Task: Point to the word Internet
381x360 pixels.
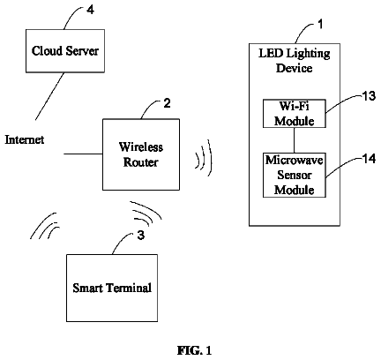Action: pyautogui.click(x=25, y=139)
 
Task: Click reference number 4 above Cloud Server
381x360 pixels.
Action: pyautogui.click(x=91, y=10)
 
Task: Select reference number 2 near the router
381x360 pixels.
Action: pyautogui.click(x=167, y=103)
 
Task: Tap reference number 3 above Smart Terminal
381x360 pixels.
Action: pyautogui.click(x=141, y=236)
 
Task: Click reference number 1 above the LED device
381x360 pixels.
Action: pyautogui.click(x=320, y=24)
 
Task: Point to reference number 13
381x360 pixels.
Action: pyautogui.click(x=369, y=96)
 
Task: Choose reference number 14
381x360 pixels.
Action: pyautogui.click(x=369, y=159)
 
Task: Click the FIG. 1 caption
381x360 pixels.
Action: pyautogui.click(x=194, y=350)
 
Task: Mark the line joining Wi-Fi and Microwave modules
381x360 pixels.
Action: pyautogui.click(x=295, y=140)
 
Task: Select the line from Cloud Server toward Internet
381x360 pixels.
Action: pyautogui.click(x=50, y=96)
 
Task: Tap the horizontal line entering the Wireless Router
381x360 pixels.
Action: pyautogui.click(x=83, y=154)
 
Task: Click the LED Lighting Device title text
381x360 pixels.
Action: pyautogui.click(x=295, y=61)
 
